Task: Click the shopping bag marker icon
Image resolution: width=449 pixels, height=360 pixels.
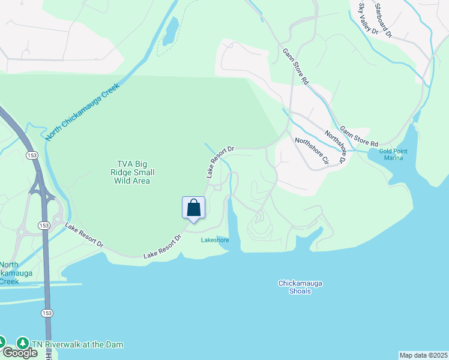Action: (193, 208)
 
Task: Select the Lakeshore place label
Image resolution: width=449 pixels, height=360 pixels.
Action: (215, 240)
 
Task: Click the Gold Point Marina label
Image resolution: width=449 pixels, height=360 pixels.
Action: (393, 154)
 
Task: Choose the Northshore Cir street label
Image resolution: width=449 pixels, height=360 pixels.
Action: (312, 151)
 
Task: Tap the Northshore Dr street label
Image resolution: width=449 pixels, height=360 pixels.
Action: (335, 147)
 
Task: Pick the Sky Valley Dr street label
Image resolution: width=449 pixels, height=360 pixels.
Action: (368, 19)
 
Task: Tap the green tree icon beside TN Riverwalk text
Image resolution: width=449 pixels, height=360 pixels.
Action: (23, 344)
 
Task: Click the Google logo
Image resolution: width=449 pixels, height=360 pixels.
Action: (19, 353)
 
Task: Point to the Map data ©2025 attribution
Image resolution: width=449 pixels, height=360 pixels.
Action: (423, 355)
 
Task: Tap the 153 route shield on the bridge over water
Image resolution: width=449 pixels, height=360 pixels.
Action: (46, 313)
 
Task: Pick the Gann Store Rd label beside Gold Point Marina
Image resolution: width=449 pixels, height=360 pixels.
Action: (358, 136)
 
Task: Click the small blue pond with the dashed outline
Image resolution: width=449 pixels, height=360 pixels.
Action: (170, 30)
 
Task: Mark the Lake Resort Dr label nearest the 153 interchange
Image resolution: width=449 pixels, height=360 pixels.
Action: (85, 236)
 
